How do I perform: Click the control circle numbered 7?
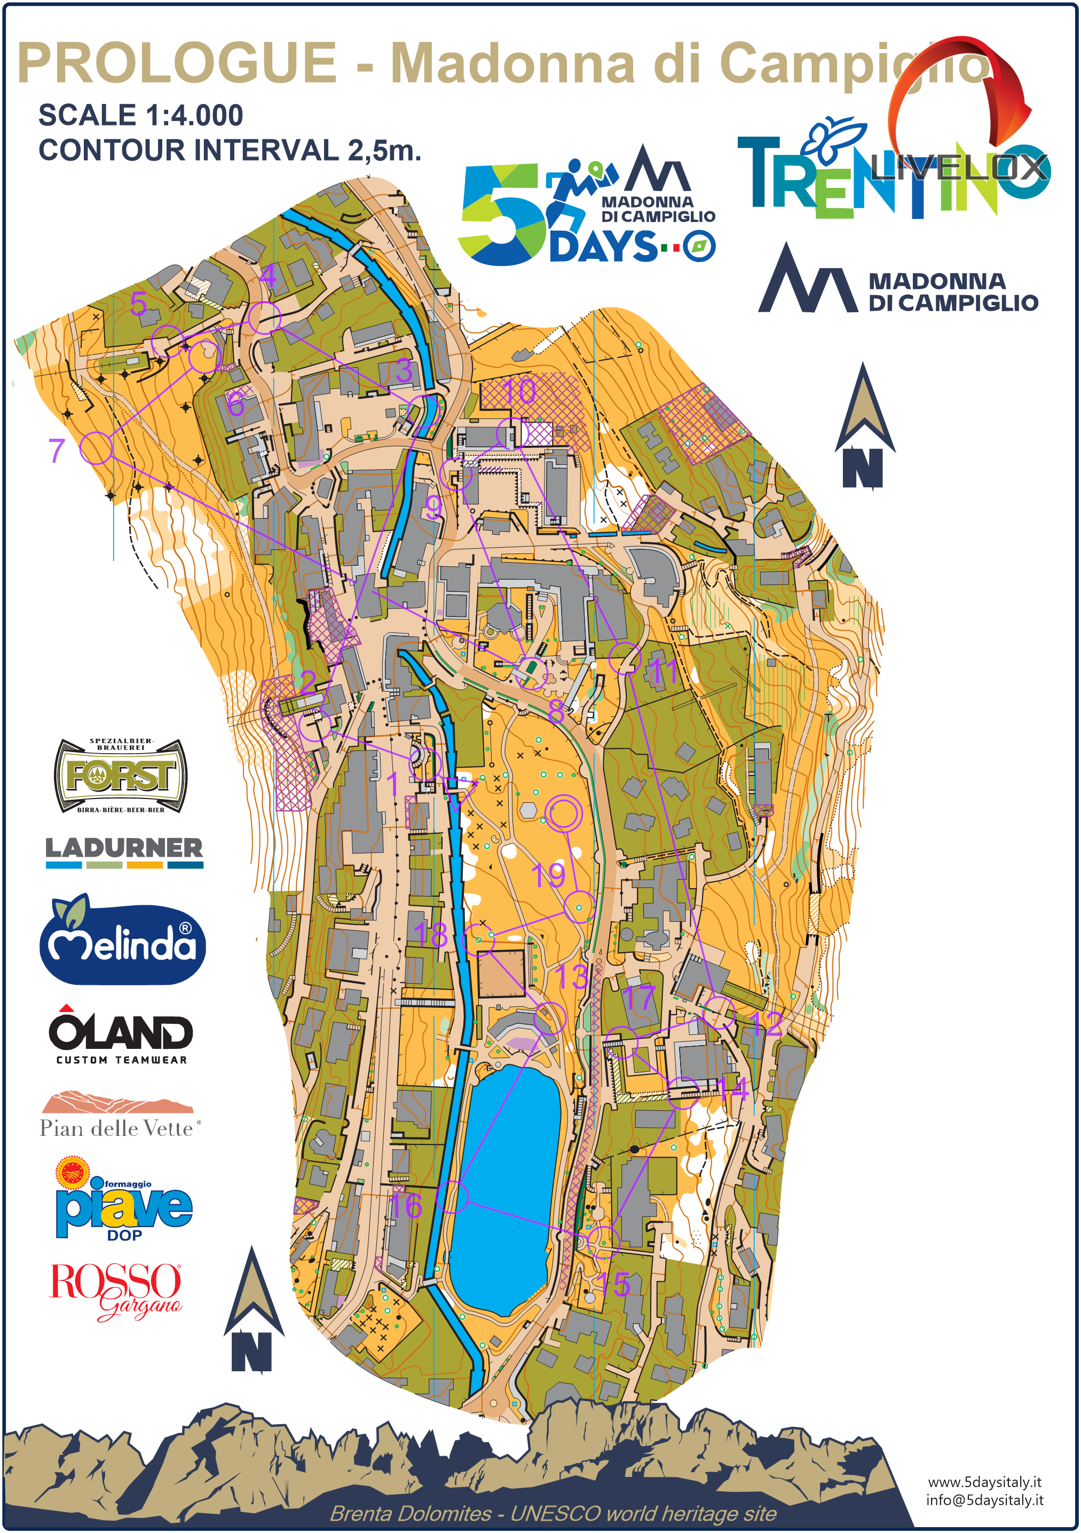click(96, 447)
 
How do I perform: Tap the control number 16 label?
click(405, 1206)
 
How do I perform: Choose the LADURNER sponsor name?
click(123, 849)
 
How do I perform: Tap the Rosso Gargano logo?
click(115, 1291)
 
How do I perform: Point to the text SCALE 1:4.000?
click(140, 115)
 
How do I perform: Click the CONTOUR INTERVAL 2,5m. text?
click(230, 150)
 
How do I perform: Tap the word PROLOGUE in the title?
click(177, 64)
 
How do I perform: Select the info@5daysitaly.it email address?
click(984, 1500)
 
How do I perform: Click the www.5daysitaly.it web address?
click(984, 1482)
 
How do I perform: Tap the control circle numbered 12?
click(719, 1012)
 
